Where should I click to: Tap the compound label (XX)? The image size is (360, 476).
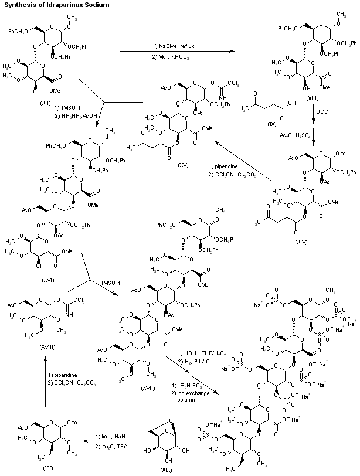point(48,467)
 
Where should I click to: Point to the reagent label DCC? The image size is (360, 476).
point(322,111)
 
